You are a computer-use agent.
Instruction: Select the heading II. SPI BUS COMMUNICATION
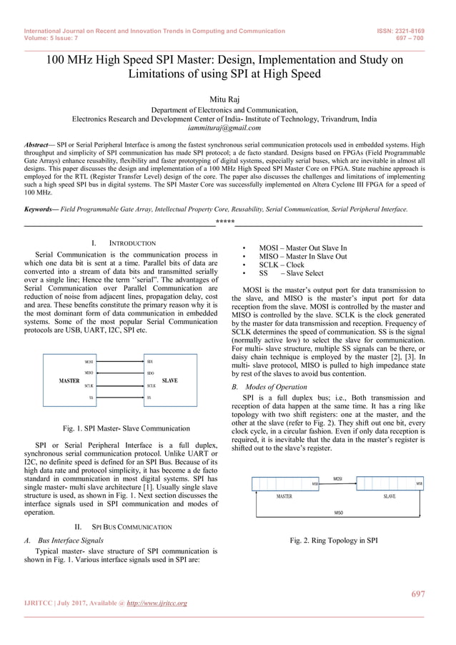[x=128, y=527]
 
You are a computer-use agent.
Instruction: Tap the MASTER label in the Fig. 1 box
[x=69, y=381]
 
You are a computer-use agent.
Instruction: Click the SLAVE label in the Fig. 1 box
[x=169, y=381]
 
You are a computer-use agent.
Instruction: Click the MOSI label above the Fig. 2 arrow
[x=337, y=478]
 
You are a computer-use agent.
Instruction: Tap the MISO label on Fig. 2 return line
[x=338, y=513]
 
